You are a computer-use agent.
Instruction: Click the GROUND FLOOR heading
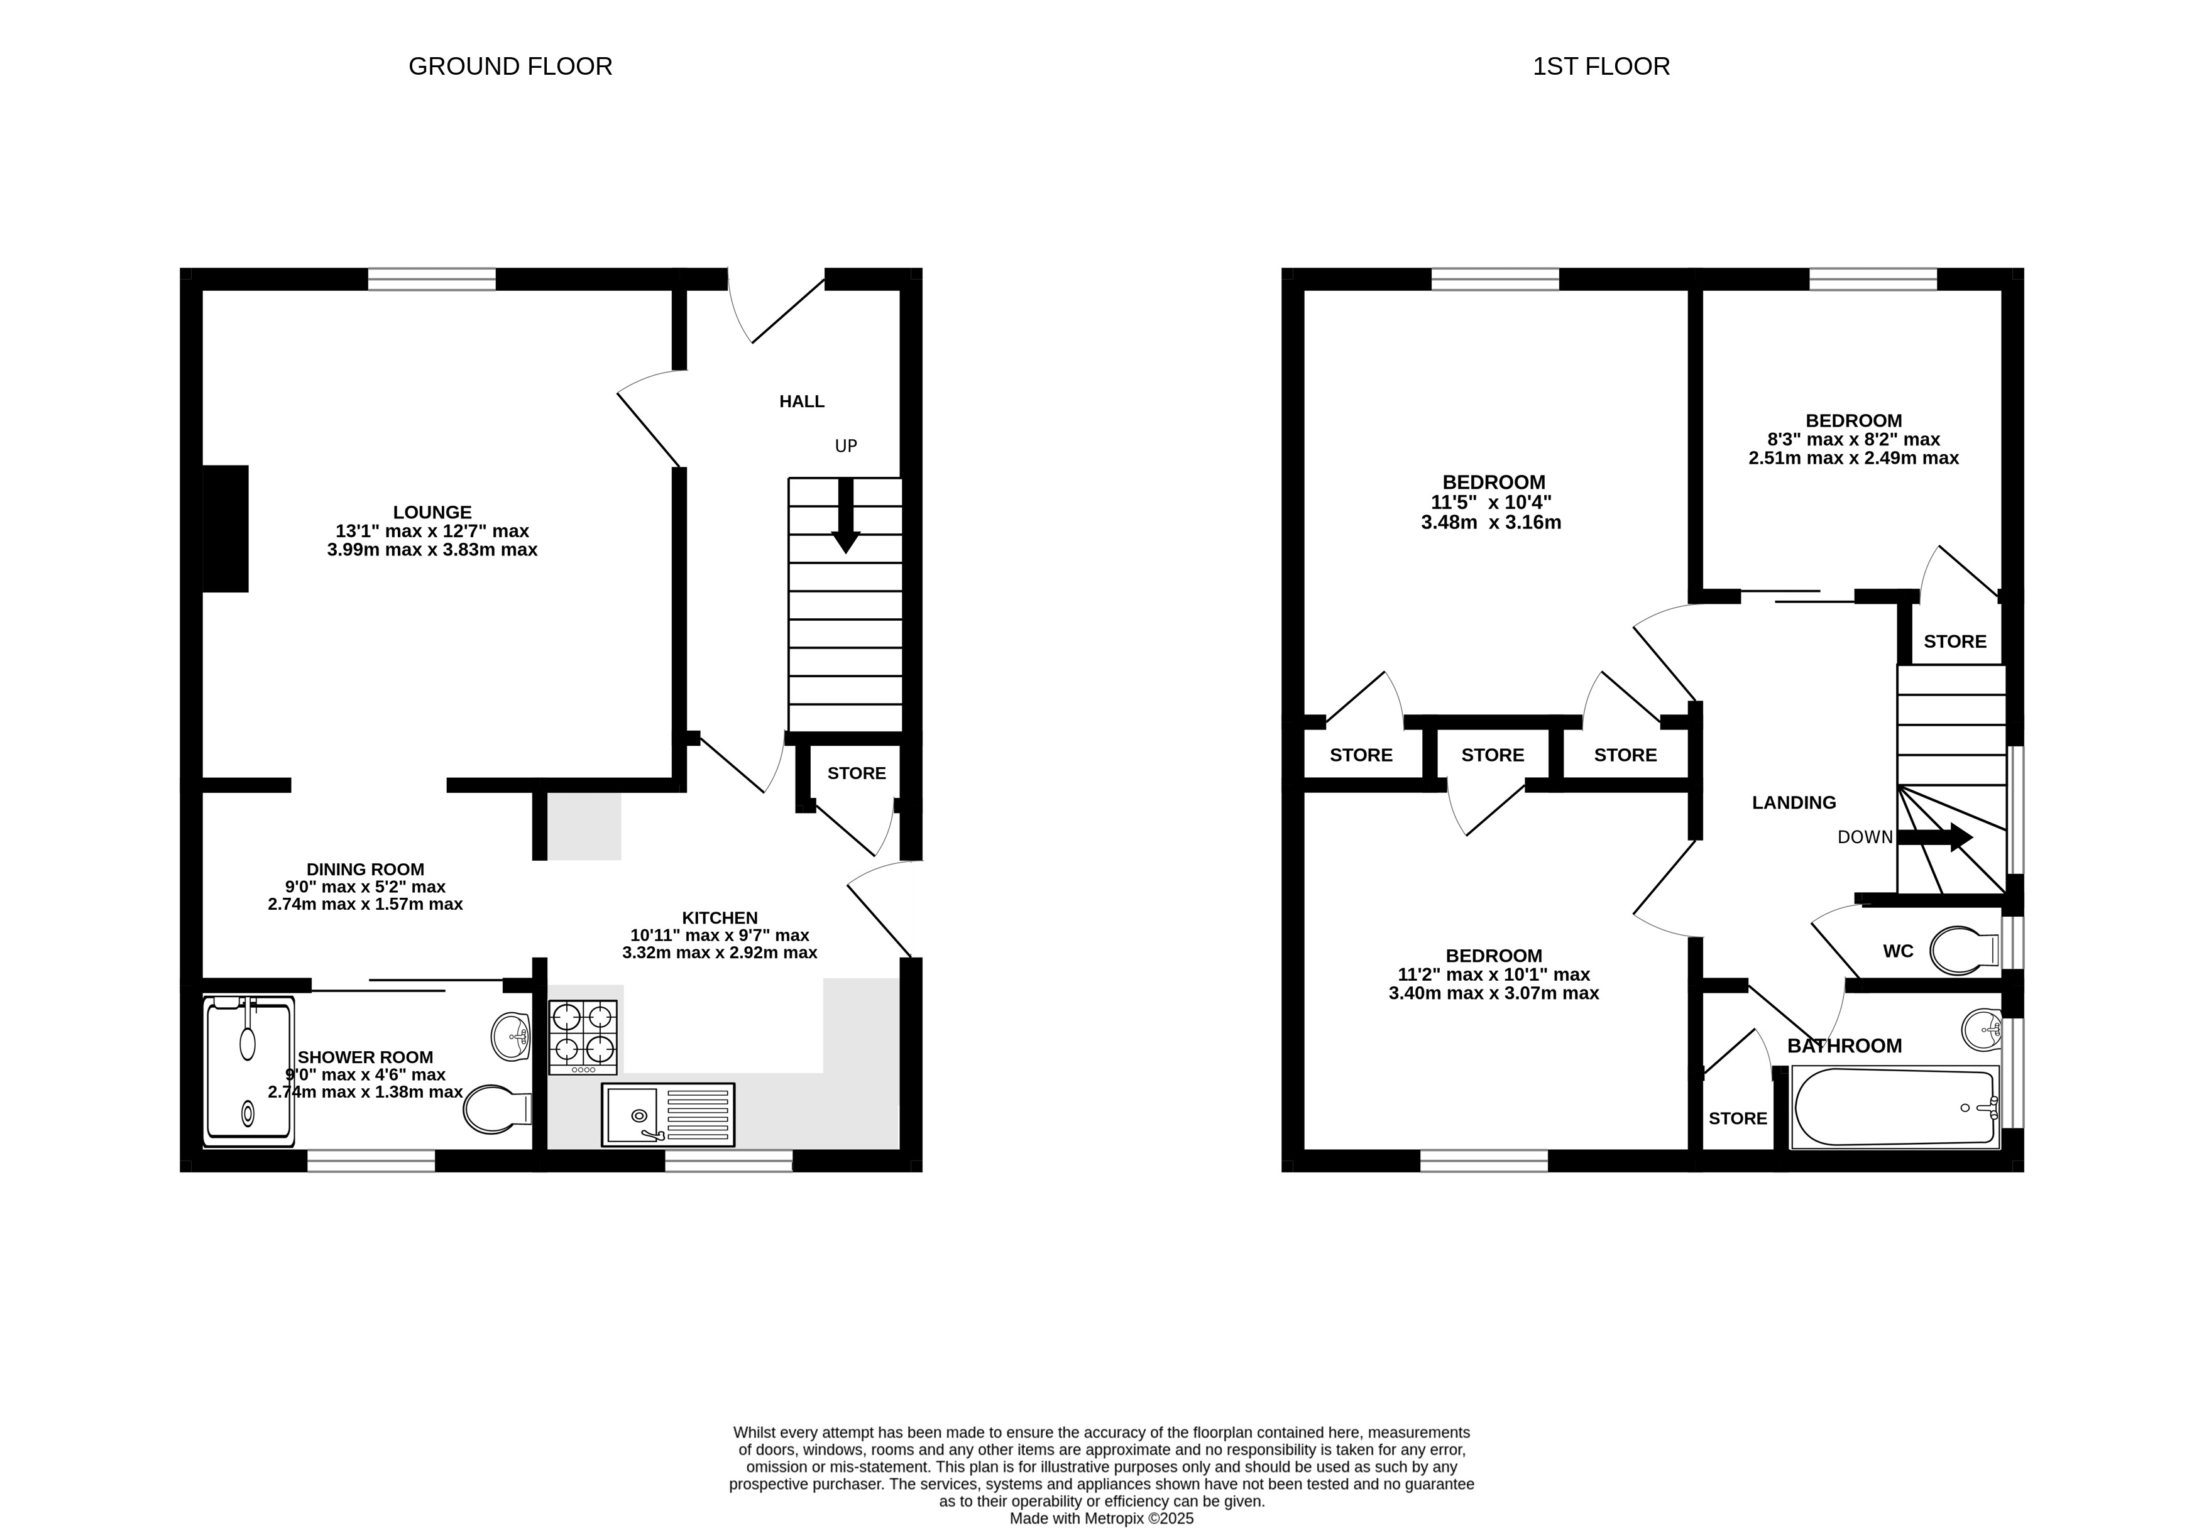click(x=510, y=66)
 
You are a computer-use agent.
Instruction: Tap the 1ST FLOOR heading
click(x=1601, y=66)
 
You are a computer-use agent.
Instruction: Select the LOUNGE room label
click(x=432, y=512)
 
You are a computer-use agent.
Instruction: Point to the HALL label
click(x=801, y=401)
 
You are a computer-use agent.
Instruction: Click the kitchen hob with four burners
click(x=582, y=1037)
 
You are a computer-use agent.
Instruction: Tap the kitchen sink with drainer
click(x=667, y=1115)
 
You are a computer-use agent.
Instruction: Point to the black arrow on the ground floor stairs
click(x=845, y=515)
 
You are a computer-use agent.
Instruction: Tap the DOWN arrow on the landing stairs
click(x=1935, y=838)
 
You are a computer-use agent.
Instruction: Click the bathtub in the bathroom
click(x=1895, y=1108)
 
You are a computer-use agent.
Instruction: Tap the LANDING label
click(x=1794, y=803)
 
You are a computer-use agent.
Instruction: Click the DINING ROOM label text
click(x=365, y=870)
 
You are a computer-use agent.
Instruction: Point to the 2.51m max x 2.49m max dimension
click(x=1853, y=457)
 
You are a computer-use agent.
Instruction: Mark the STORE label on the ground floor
click(x=857, y=773)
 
